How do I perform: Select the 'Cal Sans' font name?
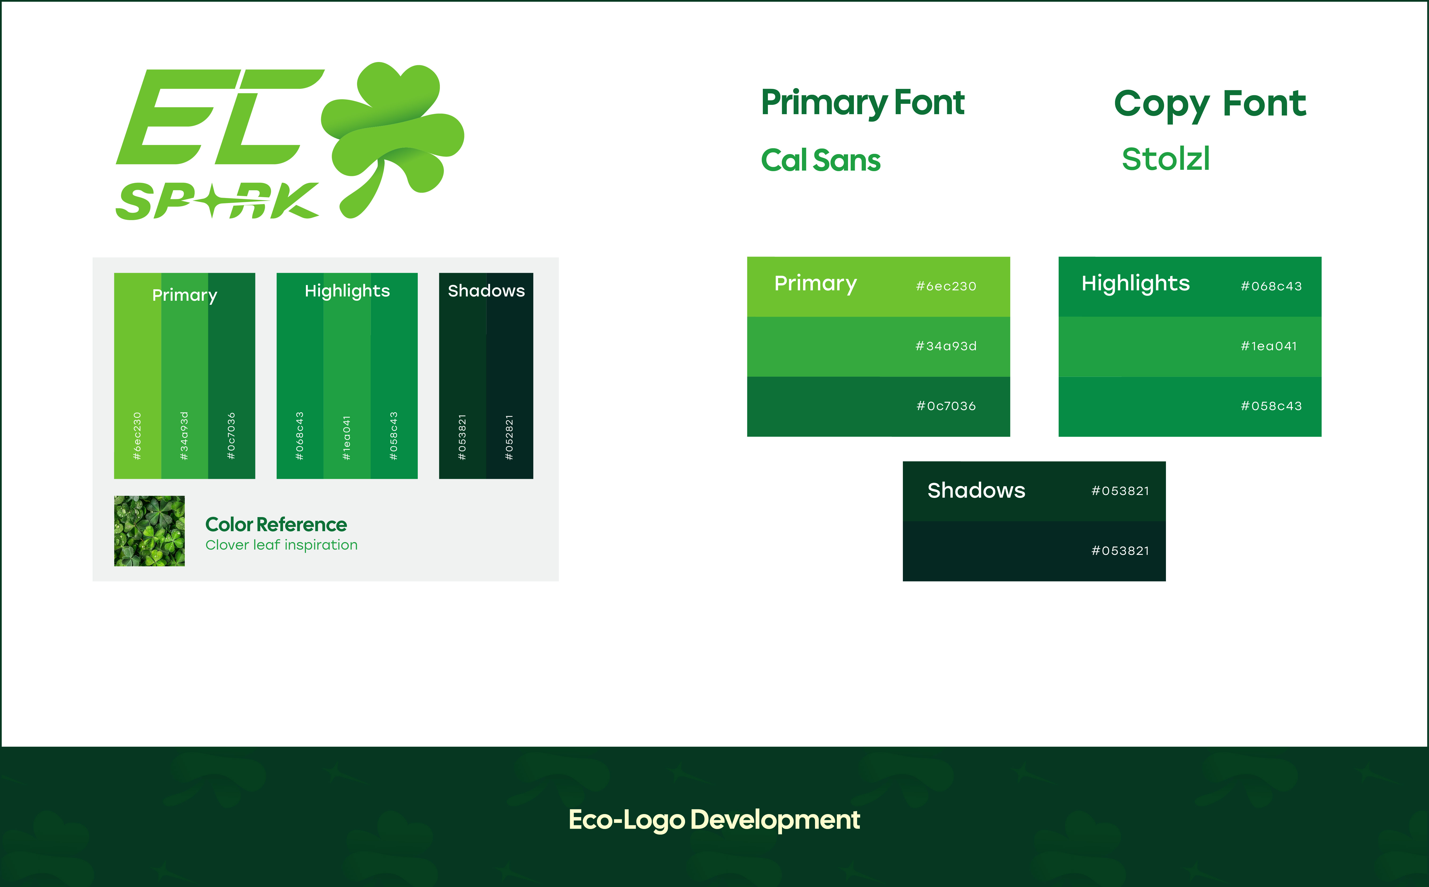click(820, 160)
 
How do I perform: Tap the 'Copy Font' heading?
click(1210, 104)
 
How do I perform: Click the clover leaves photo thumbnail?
click(149, 531)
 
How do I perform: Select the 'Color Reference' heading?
click(276, 525)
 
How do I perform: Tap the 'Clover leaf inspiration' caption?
click(281, 545)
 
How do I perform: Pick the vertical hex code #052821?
click(509, 437)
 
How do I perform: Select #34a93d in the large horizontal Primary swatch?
click(946, 346)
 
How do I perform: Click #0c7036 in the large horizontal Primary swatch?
click(946, 406)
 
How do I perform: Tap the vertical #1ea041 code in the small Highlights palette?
click(347, 438)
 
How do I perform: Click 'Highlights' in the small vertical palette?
click(347, 291)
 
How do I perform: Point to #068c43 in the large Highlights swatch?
click(1271, 286)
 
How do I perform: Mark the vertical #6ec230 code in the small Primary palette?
click(137, 436)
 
